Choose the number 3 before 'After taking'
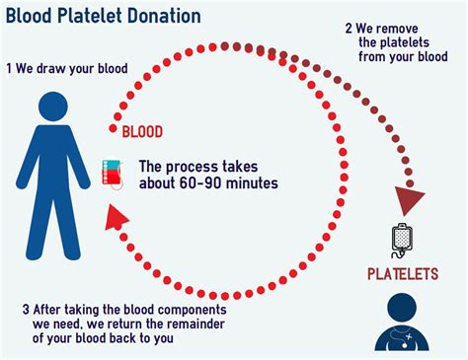coord(27,310)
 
